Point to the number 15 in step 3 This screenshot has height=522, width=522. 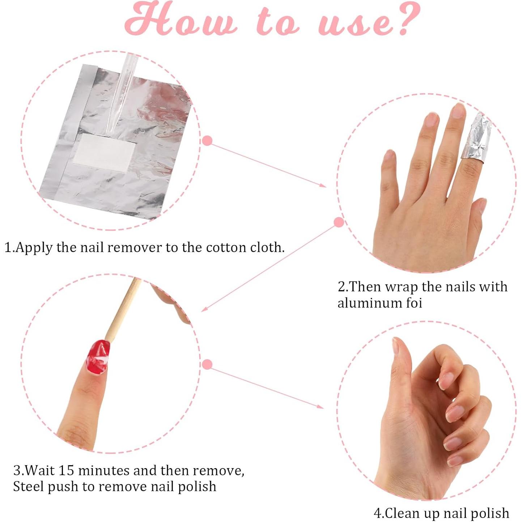click(66, 470)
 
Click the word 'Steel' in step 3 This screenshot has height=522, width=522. click(29, 486)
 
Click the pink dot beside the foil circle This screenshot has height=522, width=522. click(207, 141)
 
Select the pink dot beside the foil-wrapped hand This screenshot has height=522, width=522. click(339, 222)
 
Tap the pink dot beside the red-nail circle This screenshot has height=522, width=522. click(207, 364)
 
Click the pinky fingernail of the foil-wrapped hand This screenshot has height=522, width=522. click(389, 156)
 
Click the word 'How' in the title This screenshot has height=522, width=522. click(181, 20)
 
